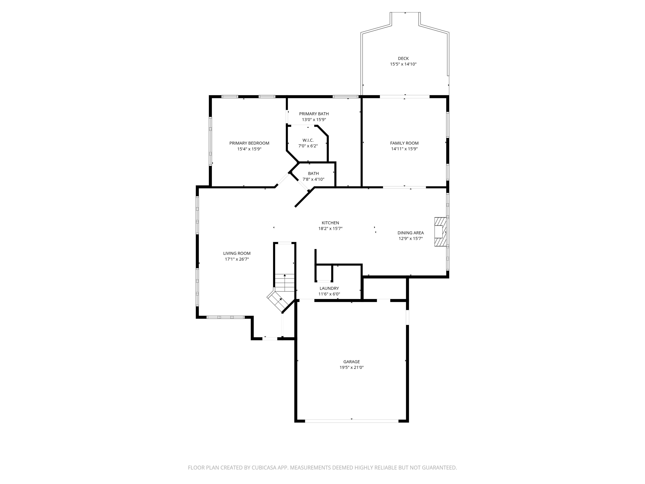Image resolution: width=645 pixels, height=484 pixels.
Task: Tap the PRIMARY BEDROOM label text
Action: point(249,143)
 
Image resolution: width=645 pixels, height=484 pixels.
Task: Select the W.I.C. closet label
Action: point(308,140)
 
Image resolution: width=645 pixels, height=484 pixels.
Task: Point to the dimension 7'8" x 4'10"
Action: point(313,179)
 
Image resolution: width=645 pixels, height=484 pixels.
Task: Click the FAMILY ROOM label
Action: point(404,143)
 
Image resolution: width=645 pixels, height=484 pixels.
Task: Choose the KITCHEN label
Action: point(330,223)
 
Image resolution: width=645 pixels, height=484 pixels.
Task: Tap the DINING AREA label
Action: point(410,233)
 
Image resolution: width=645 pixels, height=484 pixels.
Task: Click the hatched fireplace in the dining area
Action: point(440,232)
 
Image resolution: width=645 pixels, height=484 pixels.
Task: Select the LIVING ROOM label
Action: point(237,253)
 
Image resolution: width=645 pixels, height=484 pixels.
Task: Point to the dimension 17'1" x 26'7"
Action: point(237,259)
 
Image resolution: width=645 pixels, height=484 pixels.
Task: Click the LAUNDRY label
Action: point(329,288)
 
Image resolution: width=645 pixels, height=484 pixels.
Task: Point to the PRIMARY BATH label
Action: point(314,114)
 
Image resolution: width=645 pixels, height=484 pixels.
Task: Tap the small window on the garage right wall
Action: point(407,317)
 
